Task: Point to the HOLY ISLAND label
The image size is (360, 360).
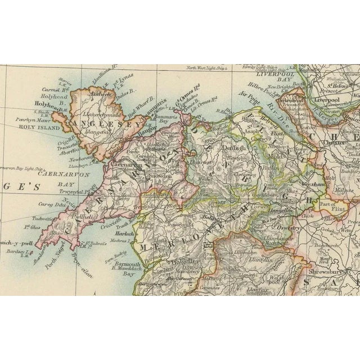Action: (x=33, y=127)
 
